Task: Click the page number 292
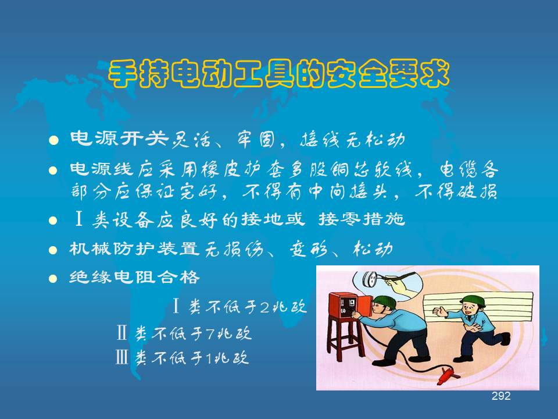501,396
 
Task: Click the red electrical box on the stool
347,305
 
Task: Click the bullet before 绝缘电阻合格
53,278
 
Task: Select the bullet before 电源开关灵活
53,140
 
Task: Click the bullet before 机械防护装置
53,250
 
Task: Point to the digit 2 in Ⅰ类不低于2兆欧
265,307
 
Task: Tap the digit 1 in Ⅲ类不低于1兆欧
209,358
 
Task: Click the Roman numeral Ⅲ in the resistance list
121,357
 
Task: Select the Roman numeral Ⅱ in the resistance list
121,333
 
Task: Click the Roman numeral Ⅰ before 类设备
79,219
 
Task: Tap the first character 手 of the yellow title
123,74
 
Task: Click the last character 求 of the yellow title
435,74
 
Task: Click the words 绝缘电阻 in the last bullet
112,277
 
